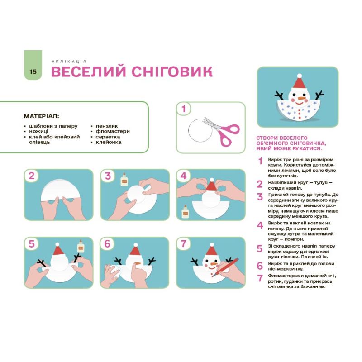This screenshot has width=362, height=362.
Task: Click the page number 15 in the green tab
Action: click(33, 71)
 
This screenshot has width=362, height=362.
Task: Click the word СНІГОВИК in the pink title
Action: click(172, 71)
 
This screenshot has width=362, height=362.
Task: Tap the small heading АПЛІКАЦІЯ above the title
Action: click(69, 62)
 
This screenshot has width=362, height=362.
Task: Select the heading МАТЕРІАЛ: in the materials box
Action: click(41, 116)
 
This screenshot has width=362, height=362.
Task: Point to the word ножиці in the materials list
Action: click(38, 131)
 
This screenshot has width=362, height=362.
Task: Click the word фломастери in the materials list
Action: click(113, 131)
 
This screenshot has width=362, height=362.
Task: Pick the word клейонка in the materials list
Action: click(109, 142)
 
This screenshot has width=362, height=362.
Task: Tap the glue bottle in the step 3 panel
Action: click(124, 179)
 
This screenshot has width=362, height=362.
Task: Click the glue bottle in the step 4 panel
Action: click(185, 211)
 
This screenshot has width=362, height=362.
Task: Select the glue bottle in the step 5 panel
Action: click(81, 246)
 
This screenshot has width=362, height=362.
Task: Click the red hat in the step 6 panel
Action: click(135, 250)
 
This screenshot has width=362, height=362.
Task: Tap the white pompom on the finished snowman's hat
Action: click(299, 76)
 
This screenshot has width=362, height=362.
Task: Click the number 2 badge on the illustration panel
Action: click(32, 176)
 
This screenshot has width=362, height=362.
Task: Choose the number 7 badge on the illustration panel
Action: click(183, 243)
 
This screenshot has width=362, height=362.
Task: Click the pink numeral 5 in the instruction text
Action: click(260, 248)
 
